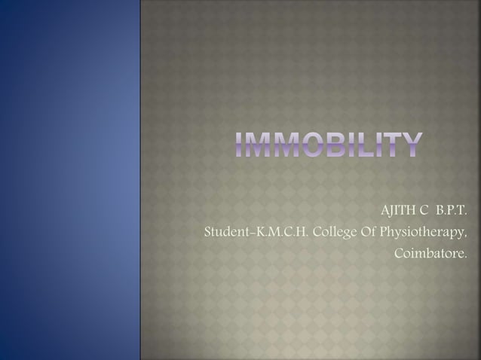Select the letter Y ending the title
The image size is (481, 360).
pyautogui.click(x=409, y=146)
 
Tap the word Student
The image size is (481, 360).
pyautogui.click(x=227, y=230)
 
